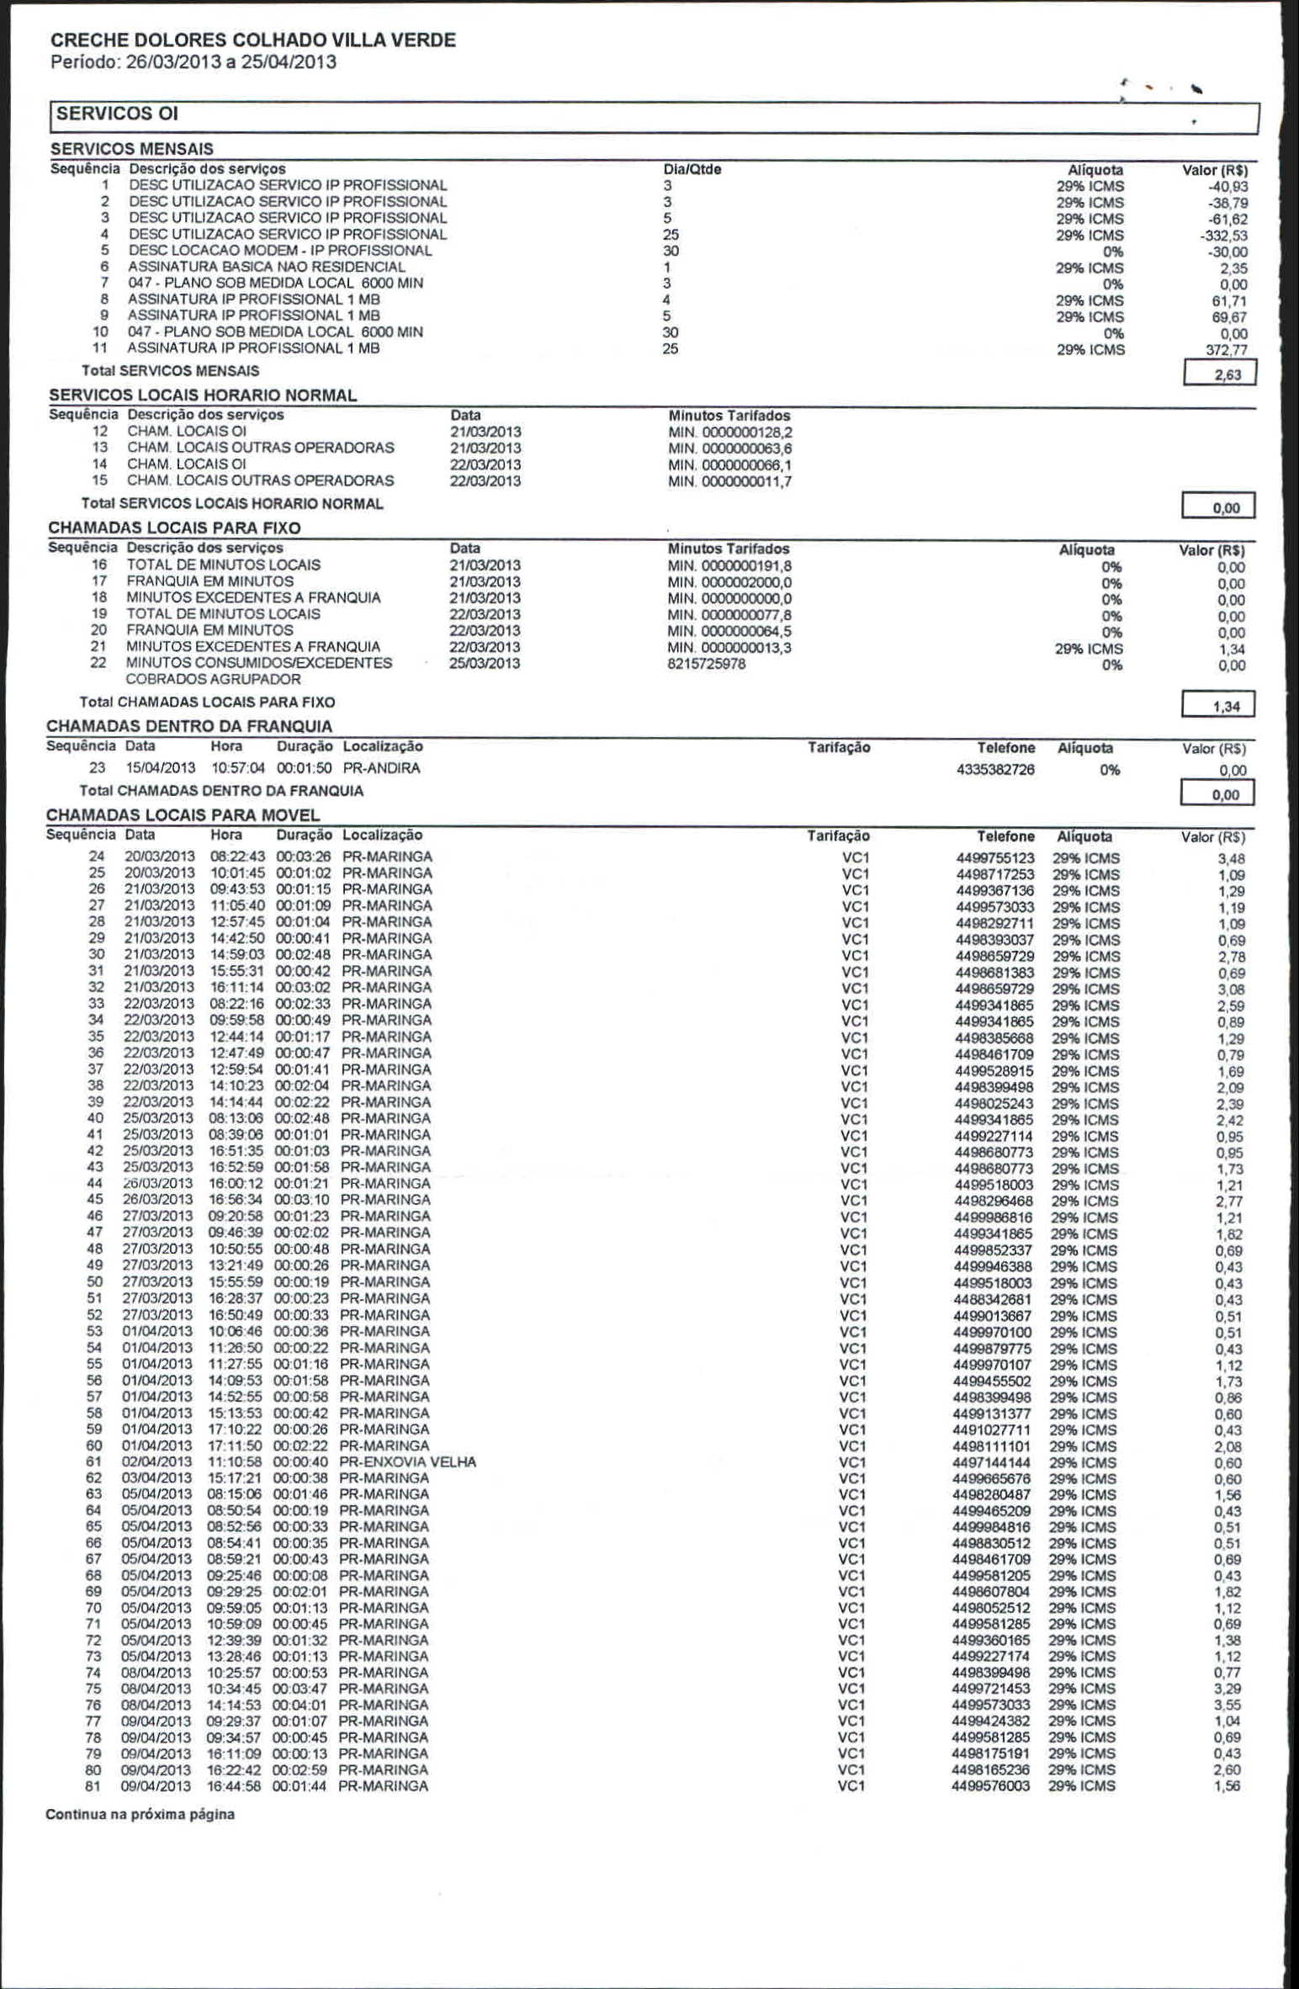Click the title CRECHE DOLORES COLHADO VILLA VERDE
(x=253, y=40)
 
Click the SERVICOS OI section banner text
(x=117, y=114)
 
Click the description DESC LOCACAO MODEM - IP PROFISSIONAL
(x=280, y=251)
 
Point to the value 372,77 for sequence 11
(x=1226, y=350)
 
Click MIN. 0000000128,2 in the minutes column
(x=729, y=432)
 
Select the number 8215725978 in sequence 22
(x=707, y=664)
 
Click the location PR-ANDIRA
(x=381, y=768)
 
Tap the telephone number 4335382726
(x=995, y=770)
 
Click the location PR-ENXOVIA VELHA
(x=408, y=1461)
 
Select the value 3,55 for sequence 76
(x=1227, y=1705)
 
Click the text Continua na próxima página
(x=140, y=1814)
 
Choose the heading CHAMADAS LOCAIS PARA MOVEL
(x=183, y=814)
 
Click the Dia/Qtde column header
(x=692, y=169)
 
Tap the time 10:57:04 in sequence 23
(x=238, y=768)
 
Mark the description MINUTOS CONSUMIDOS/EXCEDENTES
(x=259, y=663)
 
